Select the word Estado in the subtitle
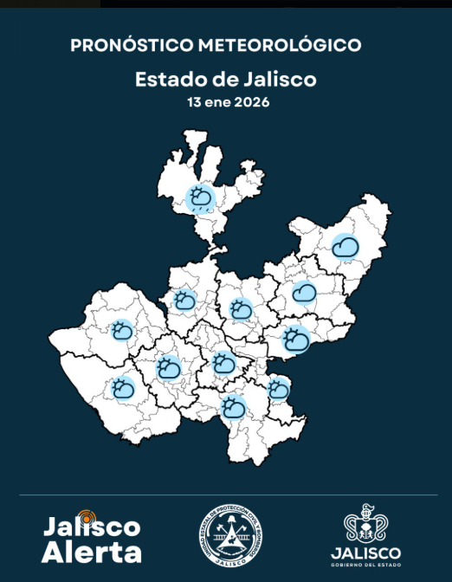[162, 80]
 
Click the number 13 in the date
[194, 102]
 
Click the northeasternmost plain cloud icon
[346, 247]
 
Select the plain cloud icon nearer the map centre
[303, 294]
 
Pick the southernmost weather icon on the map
[233, 406]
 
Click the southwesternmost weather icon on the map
[123, 389]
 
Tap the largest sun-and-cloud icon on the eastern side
[296, 339]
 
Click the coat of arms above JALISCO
[365, 523]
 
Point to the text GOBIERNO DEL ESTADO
[365, 566]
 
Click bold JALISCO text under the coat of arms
[365, 553]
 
